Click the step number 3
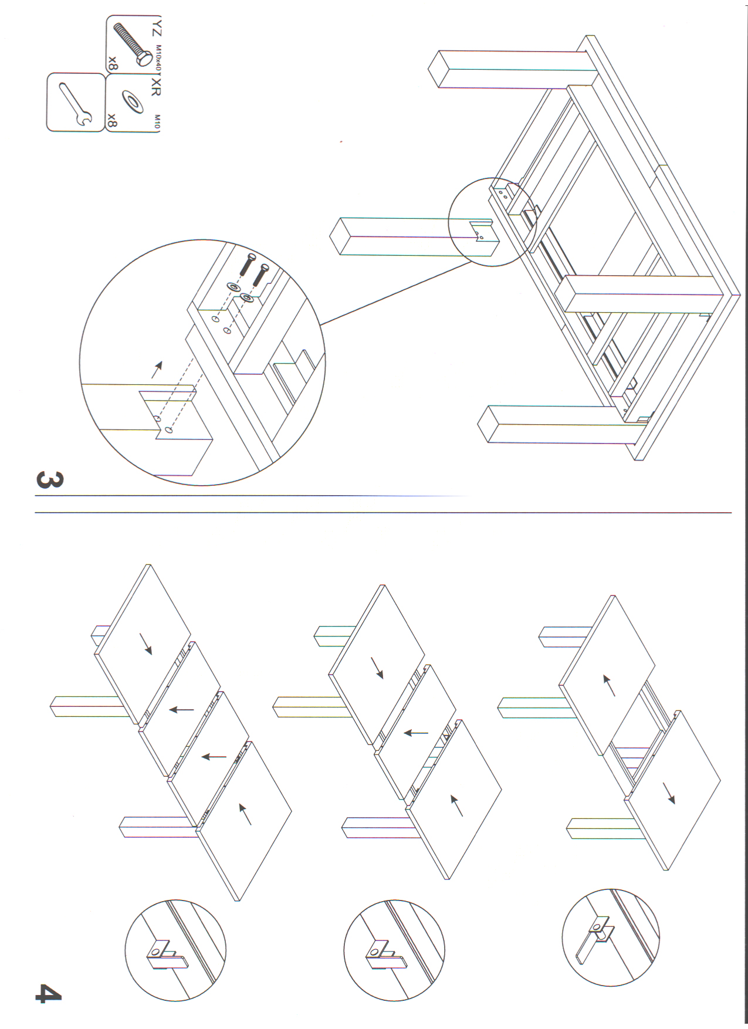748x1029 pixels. (49, 479)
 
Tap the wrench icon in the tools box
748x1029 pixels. (76, 104)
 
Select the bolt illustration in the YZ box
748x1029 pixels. (132, 43)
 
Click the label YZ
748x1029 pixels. (157, 29)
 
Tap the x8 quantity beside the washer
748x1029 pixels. (112, 121)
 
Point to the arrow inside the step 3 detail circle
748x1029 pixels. (157, 370)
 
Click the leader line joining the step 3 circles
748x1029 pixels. (396, 293)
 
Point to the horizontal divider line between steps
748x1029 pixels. (383, 513)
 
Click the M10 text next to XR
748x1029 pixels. (157, 121)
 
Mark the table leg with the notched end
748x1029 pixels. (414, 236)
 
